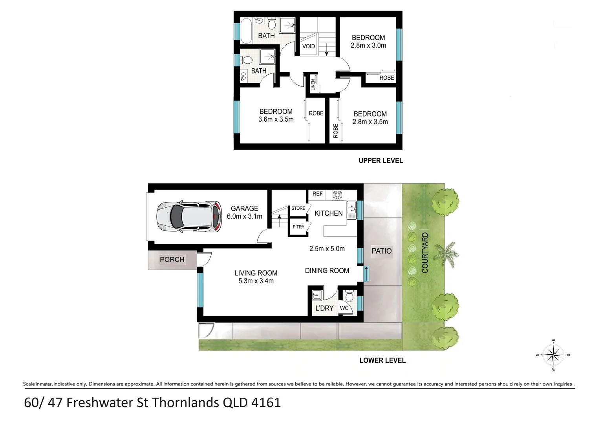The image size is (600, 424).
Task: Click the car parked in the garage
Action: (189, 216)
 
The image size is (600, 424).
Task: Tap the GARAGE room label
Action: (244, 208)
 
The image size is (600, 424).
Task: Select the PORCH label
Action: (172, 260)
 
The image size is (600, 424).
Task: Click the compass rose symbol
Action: (553, 355)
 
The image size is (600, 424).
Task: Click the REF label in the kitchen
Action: (317, 194)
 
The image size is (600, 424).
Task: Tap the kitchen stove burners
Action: (337, 195)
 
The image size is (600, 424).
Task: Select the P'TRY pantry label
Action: (298, 227)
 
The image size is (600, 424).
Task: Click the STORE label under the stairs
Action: (298, 208)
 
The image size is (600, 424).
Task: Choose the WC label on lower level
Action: (344, 308)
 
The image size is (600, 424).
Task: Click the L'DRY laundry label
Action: (324, 309)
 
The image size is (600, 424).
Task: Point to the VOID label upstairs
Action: (309, 46)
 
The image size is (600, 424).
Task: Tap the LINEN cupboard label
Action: (313, 85)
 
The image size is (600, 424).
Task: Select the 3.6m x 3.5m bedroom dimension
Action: (276, 119)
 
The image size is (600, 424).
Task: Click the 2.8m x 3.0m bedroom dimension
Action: (368, 46)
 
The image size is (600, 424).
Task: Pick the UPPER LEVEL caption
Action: (380, 161)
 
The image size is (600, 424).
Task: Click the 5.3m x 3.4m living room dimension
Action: (256, 281)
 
